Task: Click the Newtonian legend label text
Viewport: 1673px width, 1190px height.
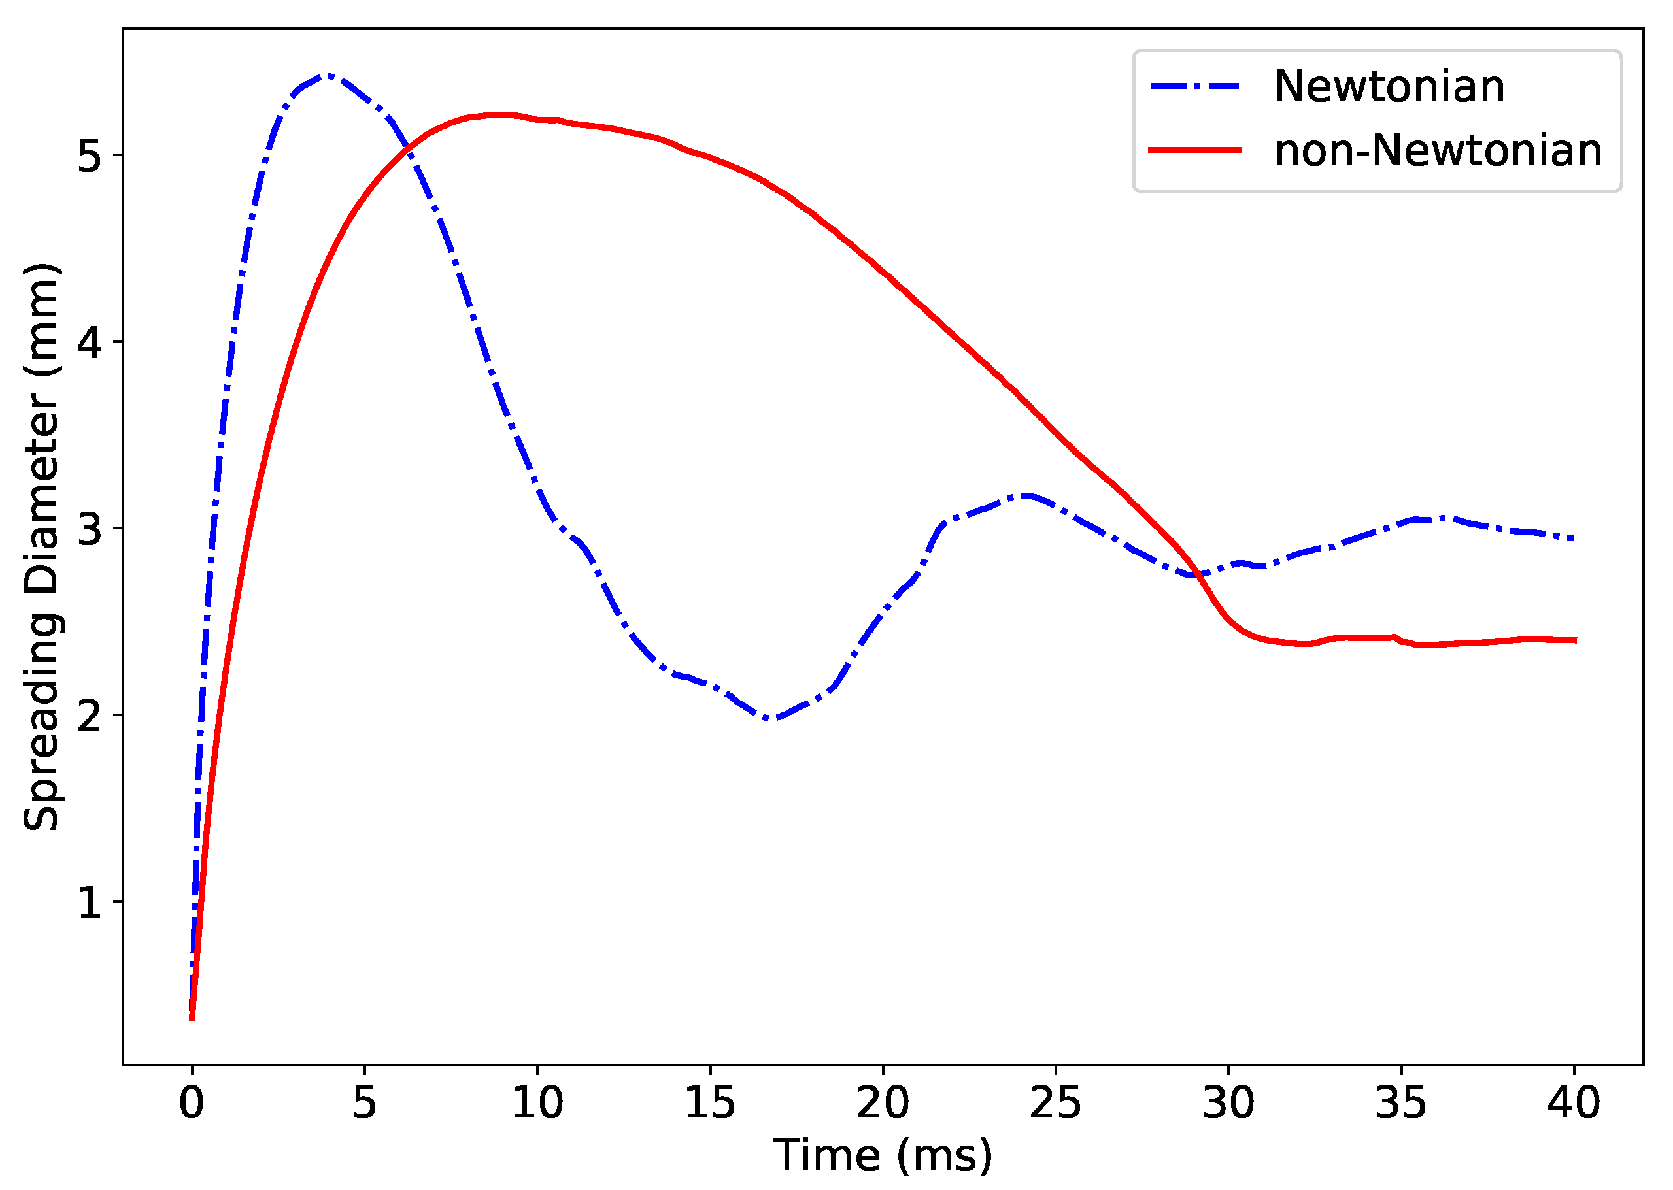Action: [x=1389, y=86]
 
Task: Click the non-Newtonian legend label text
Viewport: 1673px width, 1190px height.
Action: [x=1438, y=151]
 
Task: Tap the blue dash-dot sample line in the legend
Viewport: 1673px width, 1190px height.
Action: [x=1194, y=86]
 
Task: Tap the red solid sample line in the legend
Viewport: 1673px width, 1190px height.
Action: [x=1194, y=150]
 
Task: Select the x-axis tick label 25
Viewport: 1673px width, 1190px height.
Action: [x=1055, y=1103]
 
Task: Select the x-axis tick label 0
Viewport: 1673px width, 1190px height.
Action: [x=192, y=1103]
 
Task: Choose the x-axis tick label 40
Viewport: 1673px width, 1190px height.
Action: [x=1573, y=1103]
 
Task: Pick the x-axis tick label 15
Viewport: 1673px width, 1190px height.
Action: [x=710, y=1103]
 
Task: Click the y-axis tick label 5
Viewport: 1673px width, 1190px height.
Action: [x=89, y=156]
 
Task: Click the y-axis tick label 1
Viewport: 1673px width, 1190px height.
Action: [x=89, y=902]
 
